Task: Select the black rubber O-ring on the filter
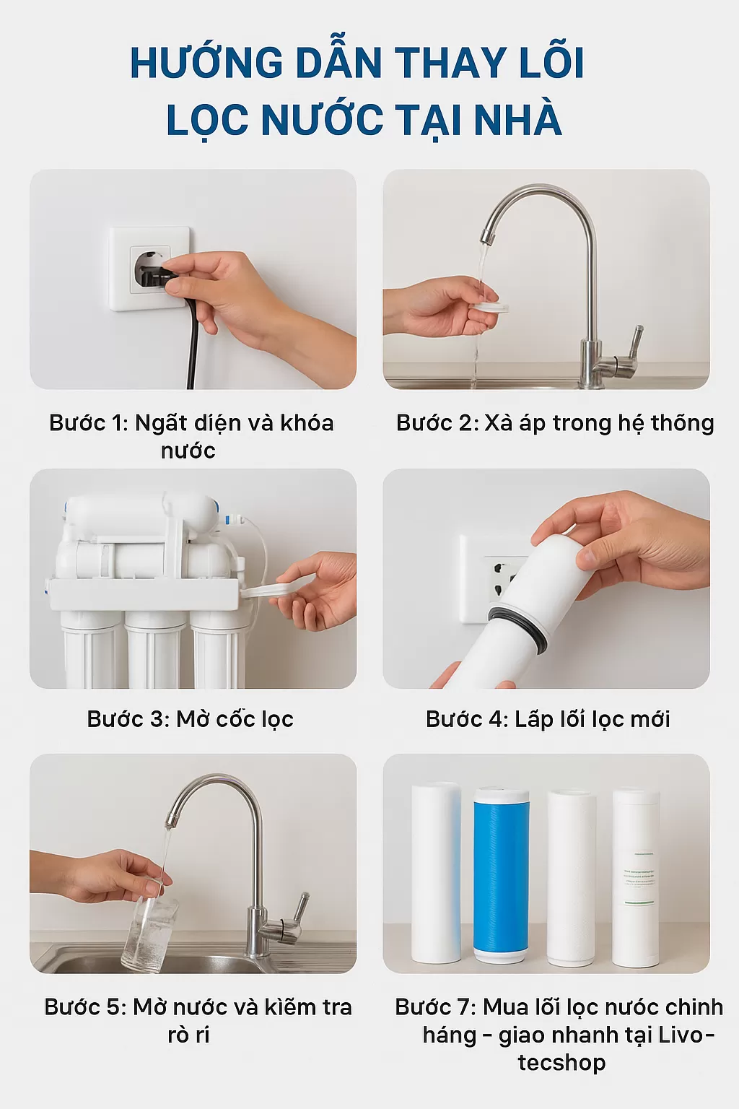pos(517,627)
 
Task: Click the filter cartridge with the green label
pos(636,877)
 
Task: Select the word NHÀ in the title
pos(517,120)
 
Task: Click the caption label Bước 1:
pos(88,423)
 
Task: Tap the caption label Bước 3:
pos(126,719)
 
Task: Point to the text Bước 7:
pos(434,1006)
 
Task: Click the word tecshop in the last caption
pos(561,1063)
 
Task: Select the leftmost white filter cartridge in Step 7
pos(436,874)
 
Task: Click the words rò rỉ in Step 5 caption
pos(188,1035)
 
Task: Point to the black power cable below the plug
pos(192,347)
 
